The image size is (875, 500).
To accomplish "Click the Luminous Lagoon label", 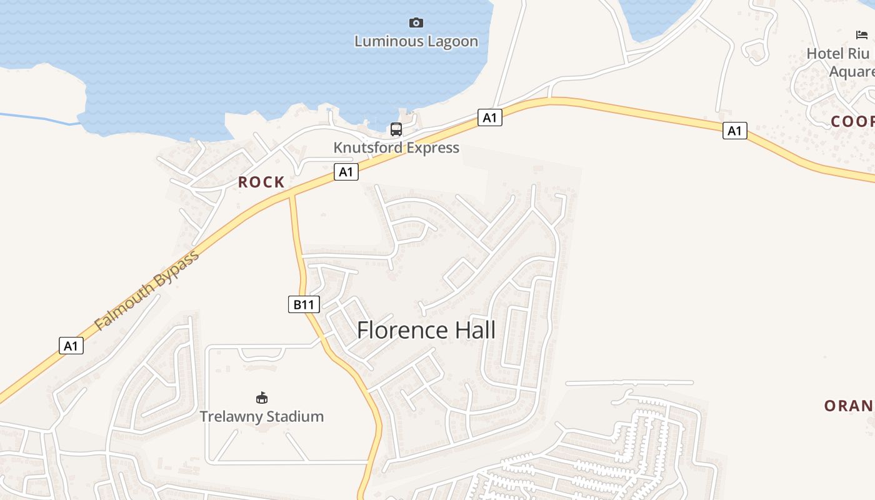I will (x=416, y=41).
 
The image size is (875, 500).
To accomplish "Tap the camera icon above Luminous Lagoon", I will (x=416, y=23).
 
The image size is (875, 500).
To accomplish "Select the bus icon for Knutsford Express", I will (x=396, y=129).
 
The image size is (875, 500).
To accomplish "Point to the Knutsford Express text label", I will (x=396, y=147).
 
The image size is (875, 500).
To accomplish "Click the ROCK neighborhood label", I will (x=261, y=182).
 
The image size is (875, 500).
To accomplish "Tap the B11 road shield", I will (x=304, y=304).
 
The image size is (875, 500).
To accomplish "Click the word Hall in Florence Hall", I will (x=473, y=330).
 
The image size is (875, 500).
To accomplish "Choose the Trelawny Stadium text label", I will (x=261, y=416).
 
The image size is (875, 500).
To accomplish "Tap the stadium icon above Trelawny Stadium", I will (x=262, y=397).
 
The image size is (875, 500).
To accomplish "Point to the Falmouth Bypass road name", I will (x=147, y=290).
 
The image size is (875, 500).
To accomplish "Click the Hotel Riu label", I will (x=837, y=54).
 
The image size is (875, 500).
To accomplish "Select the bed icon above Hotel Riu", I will (x=862, y=34).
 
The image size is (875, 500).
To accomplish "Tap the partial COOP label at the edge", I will (x=852, y=121).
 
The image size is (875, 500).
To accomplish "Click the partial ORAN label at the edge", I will (x=848, y=406).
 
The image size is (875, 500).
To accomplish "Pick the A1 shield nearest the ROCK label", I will (x=346, y=172).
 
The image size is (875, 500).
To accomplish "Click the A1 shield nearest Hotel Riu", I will (x=735, y=131).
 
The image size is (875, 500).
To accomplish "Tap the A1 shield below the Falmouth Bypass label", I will (x=71, y=346).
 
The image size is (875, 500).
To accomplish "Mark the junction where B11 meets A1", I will (x=291, y=194).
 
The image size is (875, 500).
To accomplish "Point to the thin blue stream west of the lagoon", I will (x=37, y=117).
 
